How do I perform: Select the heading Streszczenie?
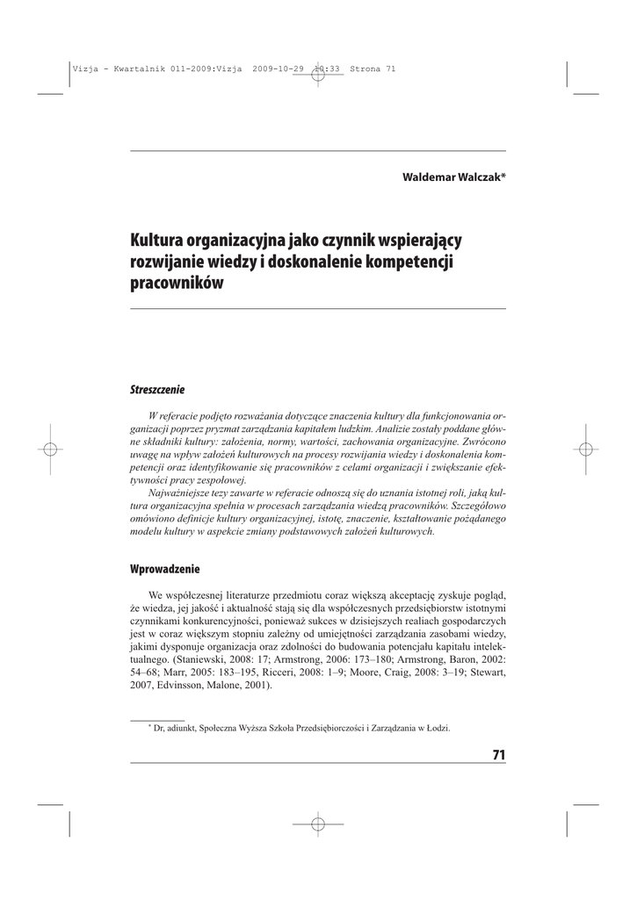157,388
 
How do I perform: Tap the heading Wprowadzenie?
165,569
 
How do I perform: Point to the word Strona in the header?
365,68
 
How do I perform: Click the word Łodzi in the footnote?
438,727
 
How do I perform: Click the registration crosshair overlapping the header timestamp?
318,68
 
